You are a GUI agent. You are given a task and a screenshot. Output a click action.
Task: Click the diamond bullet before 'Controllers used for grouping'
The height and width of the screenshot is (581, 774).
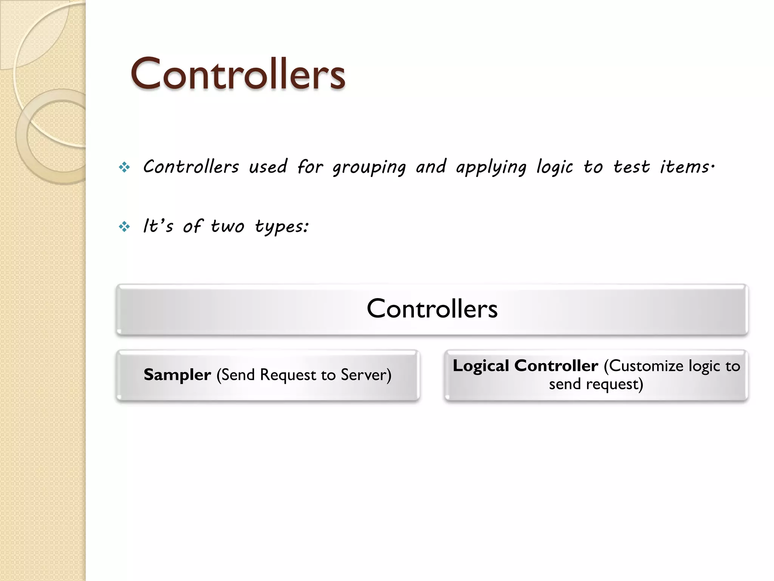(124, 167)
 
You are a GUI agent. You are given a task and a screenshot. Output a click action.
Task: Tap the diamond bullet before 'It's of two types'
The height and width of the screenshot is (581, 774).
(124, 227)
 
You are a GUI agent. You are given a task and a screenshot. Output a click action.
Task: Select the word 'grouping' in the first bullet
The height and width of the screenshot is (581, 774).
(369, 168)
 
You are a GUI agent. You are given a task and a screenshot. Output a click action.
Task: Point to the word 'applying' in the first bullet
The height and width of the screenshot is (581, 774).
(491, 168)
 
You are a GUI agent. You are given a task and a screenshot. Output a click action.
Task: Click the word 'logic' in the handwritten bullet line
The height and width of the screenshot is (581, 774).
(554, 168)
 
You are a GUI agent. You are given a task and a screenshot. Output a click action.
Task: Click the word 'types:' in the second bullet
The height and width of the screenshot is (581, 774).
(282, 227)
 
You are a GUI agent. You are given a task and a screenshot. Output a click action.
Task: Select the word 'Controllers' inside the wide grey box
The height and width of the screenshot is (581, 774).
(432, 309)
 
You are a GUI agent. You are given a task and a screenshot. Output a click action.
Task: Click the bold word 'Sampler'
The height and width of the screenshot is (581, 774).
(177, 375)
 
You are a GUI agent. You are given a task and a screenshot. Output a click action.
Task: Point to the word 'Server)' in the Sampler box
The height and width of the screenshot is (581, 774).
(366, 375)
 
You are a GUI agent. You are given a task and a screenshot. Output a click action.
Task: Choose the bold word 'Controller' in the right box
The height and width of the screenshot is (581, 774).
(556, 366)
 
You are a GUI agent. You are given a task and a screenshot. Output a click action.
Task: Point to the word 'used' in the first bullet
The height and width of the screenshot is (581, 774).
(268, 167)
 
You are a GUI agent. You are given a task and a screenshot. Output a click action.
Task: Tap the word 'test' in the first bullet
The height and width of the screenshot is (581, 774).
(631, 167)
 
